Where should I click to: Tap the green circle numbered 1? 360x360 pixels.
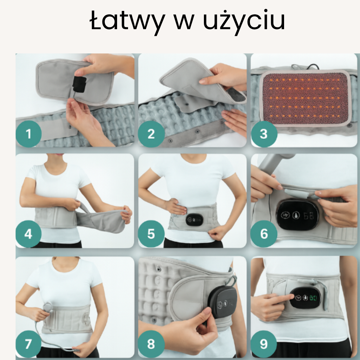[28, 134]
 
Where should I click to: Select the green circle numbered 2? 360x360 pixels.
[151, 134]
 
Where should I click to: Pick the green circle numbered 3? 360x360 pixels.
[264, 134]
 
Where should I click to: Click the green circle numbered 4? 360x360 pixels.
[28, 234]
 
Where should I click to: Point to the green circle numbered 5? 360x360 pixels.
[151, 234]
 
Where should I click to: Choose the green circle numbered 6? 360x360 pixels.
[264, 234]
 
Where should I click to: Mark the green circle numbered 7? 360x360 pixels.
[28, 344]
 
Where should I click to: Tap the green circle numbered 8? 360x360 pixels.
[151, 344]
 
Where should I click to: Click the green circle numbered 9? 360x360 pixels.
[264, 344]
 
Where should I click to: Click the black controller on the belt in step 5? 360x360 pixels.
[194, 219]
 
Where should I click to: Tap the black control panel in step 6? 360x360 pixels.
[298, 215]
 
